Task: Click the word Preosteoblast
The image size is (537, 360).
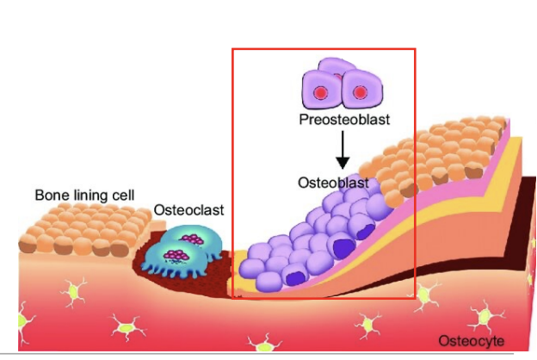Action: click(344, 120)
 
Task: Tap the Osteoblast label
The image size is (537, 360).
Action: click(333, 183)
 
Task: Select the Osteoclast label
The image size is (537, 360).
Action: click(188, 210)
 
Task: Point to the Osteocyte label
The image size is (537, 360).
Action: click(472, 341)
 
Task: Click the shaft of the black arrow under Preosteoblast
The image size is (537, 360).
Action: click(343, 145)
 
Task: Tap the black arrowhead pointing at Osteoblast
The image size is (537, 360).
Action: click(343, 163)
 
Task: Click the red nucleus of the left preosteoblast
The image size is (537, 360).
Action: click(320, 92)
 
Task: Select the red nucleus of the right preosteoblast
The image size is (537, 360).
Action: click(360, 92)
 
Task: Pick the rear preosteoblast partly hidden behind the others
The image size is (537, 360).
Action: click(333, 65)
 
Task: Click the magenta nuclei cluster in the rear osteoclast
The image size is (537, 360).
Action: click(193, 239)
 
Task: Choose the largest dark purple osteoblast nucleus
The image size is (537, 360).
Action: click(344, 248)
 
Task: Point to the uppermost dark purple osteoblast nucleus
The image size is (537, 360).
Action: click(366, 231)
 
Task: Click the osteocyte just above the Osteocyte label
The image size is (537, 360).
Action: click(485, 316)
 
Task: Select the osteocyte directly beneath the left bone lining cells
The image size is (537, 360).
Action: click(73, 292)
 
